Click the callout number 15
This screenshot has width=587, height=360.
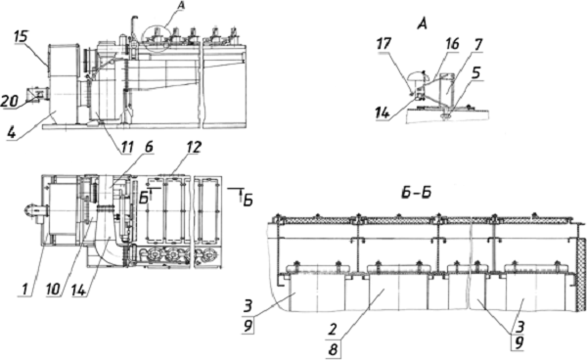[x=21, y=38]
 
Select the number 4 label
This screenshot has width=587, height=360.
[x=13, y=132]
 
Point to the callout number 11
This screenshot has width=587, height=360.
[x=126, y=148]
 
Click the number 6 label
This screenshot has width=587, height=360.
[x=149, y=147]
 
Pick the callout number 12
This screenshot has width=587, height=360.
[x=194, y=147]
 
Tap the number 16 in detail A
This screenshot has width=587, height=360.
[x=452, y=44]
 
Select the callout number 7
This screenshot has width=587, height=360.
[x=477, y=45]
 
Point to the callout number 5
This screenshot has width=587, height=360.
[x=475, y=73]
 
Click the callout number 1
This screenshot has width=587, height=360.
[x=24, y=289]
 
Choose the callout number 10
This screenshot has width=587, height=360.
[x=53, y=289]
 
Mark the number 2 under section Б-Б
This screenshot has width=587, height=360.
[x=332, y=329]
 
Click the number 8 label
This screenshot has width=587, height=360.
[x=333, y=350]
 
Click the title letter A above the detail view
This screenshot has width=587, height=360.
[x=422, y=24]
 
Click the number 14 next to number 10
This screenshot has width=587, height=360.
[x=80, y=289]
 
